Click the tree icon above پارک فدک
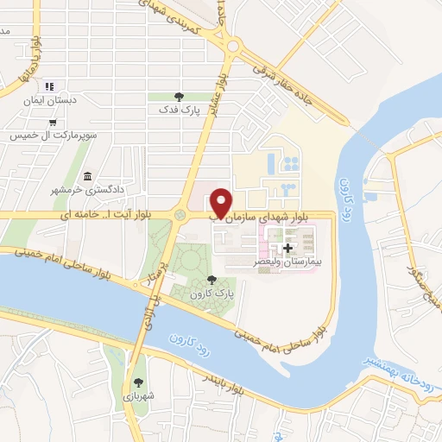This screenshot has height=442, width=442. click(x=179, y=96)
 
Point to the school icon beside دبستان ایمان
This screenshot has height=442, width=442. click(x=51, y=86)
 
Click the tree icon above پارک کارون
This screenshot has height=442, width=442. click(x=213, y=279)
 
